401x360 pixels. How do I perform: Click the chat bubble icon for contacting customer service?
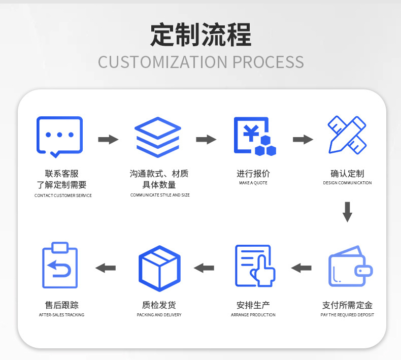point(59,136)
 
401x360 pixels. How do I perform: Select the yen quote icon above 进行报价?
point(254,136)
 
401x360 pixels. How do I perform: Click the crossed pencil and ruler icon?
point(347,135)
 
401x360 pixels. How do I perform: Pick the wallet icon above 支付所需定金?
point(350,267)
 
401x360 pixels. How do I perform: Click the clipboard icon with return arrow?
point(60,266)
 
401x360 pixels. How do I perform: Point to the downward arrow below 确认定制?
point(347,212)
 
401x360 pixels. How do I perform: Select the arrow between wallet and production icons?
point(302,268)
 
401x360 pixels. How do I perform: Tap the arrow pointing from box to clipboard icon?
point(106,268)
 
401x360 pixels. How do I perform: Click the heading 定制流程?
point(201,35)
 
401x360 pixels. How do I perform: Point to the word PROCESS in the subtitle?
point(268,62)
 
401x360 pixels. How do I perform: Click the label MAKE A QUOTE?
point(253,183)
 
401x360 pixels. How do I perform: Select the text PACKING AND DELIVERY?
point(159,315)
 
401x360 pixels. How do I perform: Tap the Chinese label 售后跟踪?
point(62,305)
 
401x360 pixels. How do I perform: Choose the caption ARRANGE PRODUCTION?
point(253,315)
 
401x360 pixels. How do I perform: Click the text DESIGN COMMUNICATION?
point(347,183)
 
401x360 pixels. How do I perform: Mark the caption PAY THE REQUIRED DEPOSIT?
point(347,315)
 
